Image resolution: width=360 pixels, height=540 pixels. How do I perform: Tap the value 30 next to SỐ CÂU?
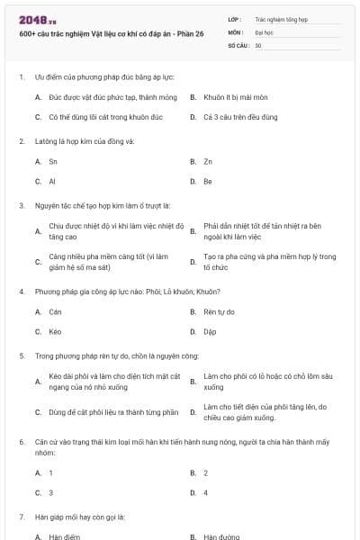258,45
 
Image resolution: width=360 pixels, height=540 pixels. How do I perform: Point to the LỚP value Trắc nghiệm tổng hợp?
279,18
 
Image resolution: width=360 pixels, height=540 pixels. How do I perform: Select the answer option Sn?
53,162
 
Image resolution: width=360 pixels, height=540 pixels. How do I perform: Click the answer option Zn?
208,162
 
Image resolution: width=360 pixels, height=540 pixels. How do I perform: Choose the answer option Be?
208,182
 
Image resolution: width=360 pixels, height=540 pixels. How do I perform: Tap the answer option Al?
52,182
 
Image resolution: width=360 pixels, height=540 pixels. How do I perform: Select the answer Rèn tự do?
219,311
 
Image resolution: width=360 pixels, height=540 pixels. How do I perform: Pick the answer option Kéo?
55,331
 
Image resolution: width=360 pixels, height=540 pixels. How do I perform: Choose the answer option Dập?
210,331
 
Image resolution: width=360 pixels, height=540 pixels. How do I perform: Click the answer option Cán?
55,311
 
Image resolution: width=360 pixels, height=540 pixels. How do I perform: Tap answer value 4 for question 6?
206,492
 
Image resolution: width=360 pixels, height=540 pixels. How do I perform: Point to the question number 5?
22,355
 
